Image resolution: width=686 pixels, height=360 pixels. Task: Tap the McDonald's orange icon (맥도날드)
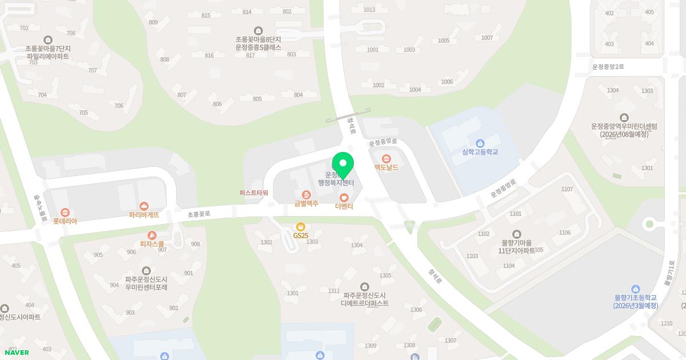pyautogui.click(x=386, y=158)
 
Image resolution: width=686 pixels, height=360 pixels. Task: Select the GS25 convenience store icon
pyautogui.click(x=301, y=227)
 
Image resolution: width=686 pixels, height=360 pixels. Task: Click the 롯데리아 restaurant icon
pyautogui.click(x=65, y=212)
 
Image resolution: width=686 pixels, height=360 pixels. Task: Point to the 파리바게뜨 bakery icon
pyautogui.click(x=143, y=206)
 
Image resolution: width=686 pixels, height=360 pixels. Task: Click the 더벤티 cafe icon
pyautogui.click(x=344, y=198)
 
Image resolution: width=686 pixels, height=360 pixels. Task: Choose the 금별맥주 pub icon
pyautogui.click(x=306, y=195)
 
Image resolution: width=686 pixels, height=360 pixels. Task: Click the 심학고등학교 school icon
pyautogui.click(x=480, y=143)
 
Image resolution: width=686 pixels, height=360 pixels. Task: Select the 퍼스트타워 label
pyautogui.click(x=254, y=193)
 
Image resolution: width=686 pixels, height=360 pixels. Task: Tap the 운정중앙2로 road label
pyautogui.click(x=608, y=67)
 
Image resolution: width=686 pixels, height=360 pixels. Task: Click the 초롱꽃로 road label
pyautogui.click(x=199, y=214)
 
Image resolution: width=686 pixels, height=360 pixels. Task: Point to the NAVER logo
pyautogui.click(x=17, y=353)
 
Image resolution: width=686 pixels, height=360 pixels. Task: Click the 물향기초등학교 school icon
pyautogui.click(x=635, y=289)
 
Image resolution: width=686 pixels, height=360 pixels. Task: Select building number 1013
pyautogui.click(x=369, y=10)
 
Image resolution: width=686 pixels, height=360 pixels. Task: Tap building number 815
pyautogui.click(x=206, y=15)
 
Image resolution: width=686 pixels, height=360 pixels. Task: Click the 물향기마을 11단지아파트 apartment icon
pyautogui.click(x=517, y=234)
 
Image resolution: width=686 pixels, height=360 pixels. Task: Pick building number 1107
pyautogui.click(x=567, y=189)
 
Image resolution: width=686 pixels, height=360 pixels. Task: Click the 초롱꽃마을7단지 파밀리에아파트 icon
pyautogui.click(x=47, y=40)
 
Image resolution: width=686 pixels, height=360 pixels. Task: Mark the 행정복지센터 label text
pyautogui.click(x=336, y=183)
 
